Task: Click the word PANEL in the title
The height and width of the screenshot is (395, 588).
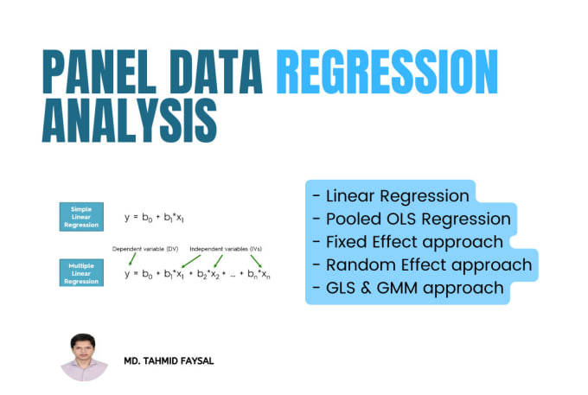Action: (x=99, y=72)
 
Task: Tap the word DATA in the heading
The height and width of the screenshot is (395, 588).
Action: (x=216, y=72)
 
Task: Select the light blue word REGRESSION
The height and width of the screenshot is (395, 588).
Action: (x=387, y=72)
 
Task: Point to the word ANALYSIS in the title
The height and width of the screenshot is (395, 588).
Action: (x=130, y=120)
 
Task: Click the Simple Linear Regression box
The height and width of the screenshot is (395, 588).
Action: (x=81, y=217)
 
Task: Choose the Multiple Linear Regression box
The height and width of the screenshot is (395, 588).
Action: (x=81, y=273)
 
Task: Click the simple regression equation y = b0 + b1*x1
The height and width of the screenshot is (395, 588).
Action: (x=154, y=218)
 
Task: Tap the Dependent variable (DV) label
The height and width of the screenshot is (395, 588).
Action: (x=145, y=249)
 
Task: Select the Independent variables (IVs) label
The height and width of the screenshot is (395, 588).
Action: (x=226, y=249)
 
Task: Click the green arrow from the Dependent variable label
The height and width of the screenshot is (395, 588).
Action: (x=132, y=259)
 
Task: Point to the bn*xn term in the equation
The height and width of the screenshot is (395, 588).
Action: (x=259, y=274)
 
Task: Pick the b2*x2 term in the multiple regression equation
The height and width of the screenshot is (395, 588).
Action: (x=208, y=274)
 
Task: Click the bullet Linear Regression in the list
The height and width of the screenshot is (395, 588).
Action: (x=391, y=196)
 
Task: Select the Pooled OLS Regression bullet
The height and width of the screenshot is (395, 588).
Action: (x=412, y=220)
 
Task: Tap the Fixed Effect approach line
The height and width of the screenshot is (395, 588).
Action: (x=407, y=243)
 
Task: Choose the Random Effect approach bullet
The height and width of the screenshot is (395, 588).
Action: (x=422, y=265)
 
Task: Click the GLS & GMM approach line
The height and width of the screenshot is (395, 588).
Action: (x=407, y=288)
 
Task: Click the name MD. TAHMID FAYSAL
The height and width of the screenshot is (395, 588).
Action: (x=169, y=361)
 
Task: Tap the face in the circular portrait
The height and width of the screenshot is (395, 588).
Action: (x=83, y=348)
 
